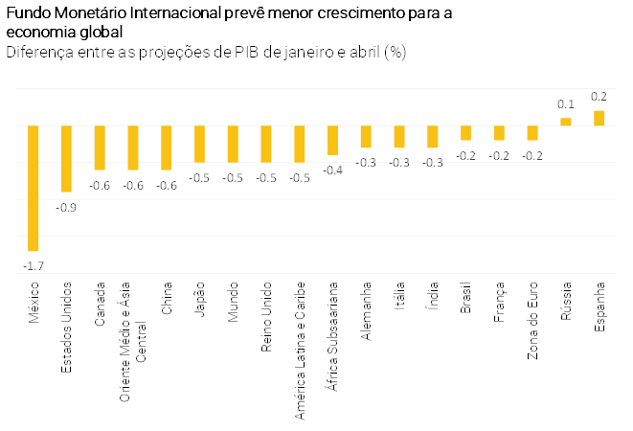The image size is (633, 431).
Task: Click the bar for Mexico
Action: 34,188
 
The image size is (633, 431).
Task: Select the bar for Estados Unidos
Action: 66,158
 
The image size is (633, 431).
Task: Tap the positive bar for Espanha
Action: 599,118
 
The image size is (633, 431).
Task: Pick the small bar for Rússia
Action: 566,122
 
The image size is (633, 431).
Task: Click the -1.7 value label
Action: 34,265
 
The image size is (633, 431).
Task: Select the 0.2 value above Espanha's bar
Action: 599,97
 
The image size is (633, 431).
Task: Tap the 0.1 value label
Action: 566,104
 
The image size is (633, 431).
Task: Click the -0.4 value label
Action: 332,170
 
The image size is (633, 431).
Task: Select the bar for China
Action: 166,147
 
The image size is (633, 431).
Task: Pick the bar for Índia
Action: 433,136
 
